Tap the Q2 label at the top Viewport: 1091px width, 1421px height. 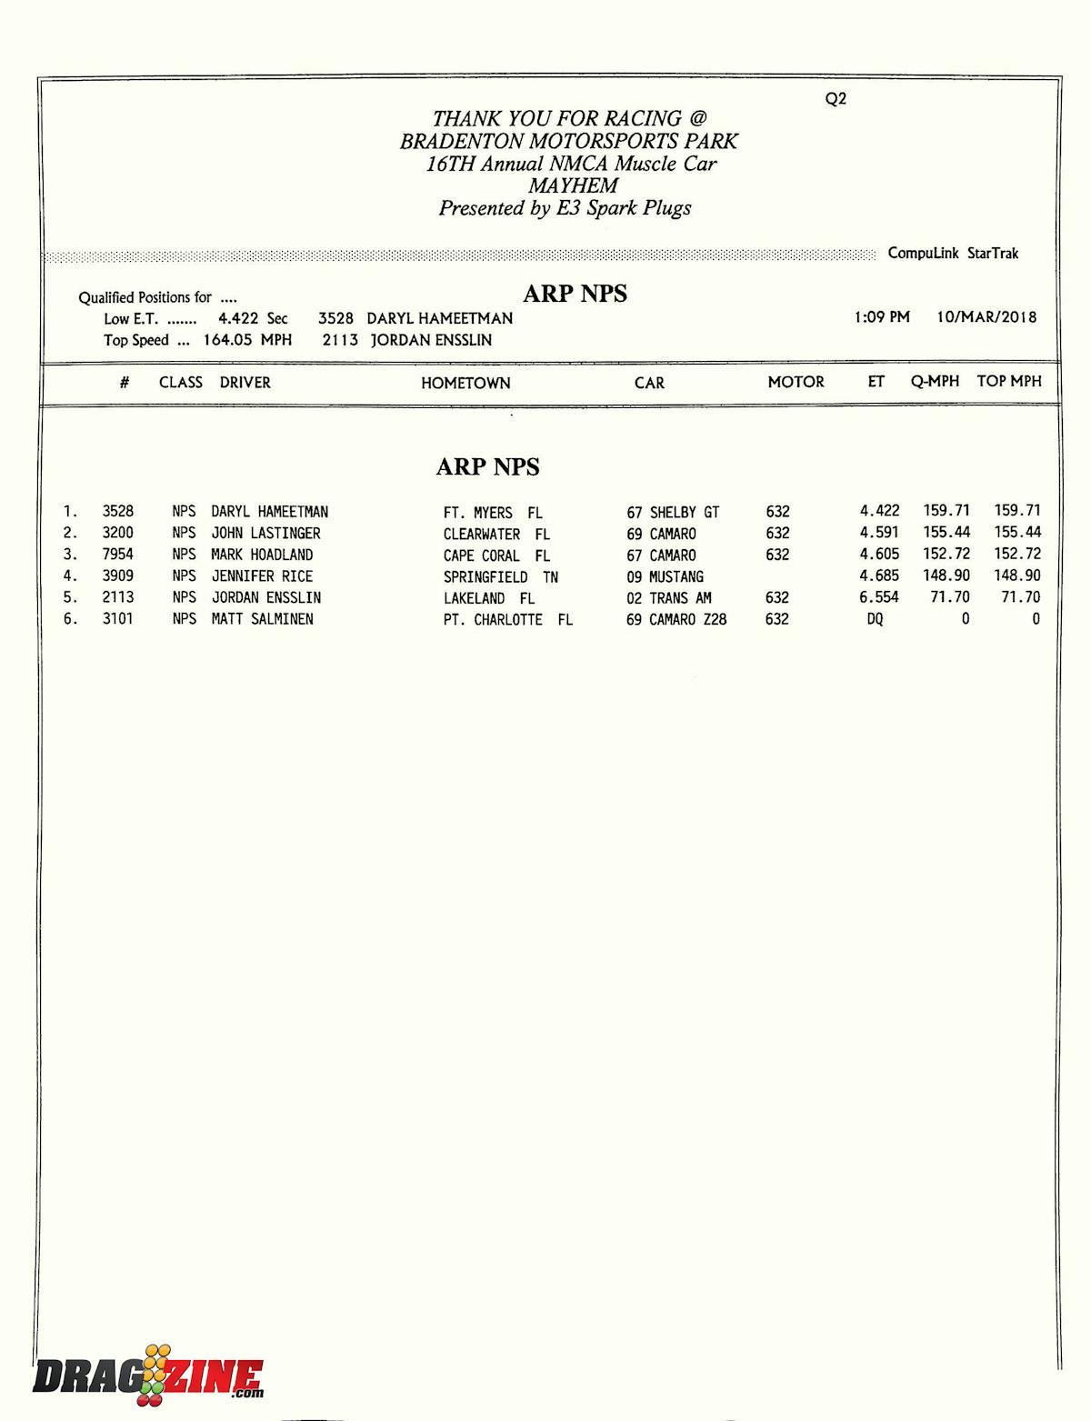(x=836, y=98)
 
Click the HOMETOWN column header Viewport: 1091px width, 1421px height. (x=465, y=383)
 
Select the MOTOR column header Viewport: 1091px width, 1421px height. (x=796, y=382)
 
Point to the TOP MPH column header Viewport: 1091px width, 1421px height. (x=1008, y=381)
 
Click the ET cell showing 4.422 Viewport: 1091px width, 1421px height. (x=879, y=511)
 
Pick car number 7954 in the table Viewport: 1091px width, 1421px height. (x=117, y=554)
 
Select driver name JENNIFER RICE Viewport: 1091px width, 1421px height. (x=262, y=575)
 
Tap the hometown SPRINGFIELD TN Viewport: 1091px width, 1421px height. (x=500, y=576)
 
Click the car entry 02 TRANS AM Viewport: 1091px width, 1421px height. (x=668, y=597)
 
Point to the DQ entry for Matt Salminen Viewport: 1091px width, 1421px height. (x=875, y=619)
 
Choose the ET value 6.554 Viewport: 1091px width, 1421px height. (x=878, y=597)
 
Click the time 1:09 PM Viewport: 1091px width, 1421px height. (x=881, y=316)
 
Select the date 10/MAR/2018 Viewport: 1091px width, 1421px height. (x=986, y=316)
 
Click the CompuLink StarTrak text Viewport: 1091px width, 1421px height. (x=953, y=253)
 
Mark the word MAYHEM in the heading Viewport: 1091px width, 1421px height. (x=573, y=185)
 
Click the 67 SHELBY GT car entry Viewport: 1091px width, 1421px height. (x=673, y=512)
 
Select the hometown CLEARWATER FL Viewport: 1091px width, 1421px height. (x=496, y=534)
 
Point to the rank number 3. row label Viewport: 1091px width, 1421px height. (x=70, y=554)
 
